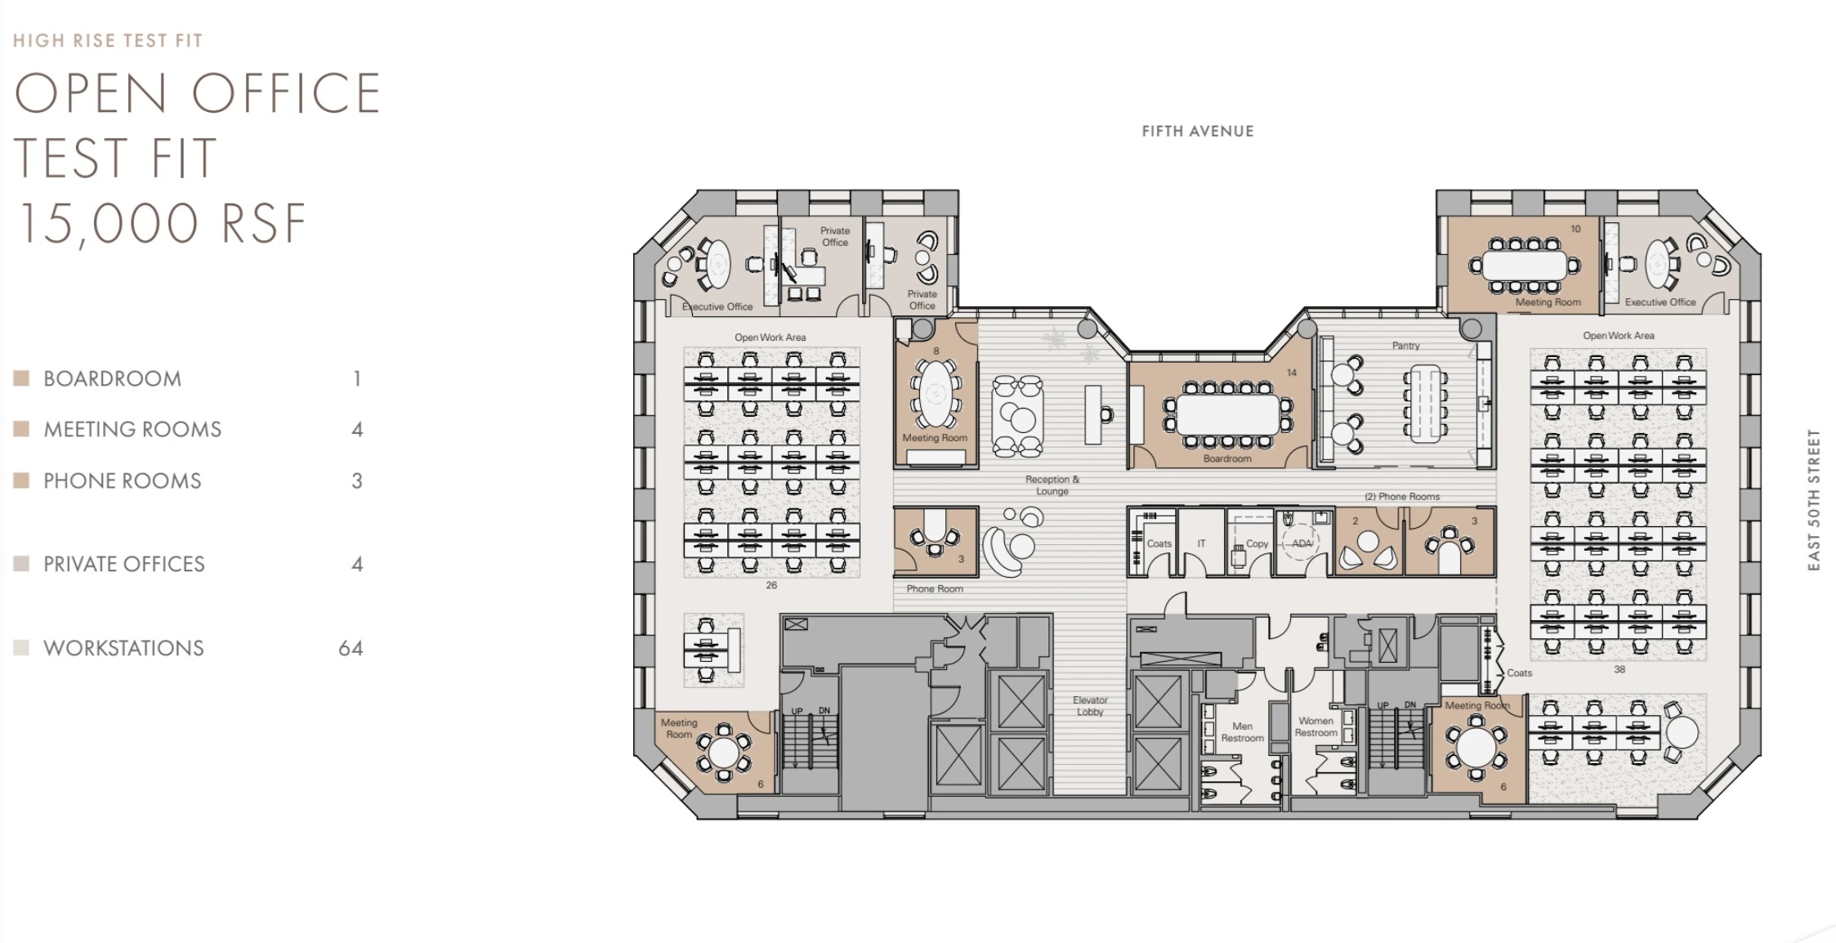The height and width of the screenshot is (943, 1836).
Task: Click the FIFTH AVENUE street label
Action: click(1197, 132)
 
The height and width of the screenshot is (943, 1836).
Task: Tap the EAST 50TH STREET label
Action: click(1814, 499)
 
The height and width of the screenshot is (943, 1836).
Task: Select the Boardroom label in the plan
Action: click(1226, 458)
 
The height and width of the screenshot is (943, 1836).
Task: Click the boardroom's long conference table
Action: click(1227, 414)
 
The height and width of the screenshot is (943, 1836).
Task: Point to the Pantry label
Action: click(1405, 346)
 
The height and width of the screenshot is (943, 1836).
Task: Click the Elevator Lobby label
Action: click(1090, 706)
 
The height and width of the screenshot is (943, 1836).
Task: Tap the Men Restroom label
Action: click(1242, 732)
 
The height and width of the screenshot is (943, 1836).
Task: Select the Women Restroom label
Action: click(1316, 726)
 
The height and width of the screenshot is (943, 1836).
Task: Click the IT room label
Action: click(1201, 543)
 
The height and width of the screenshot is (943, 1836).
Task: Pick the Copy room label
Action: click(1257, 543)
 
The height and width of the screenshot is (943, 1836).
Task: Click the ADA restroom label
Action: click(1302, 543)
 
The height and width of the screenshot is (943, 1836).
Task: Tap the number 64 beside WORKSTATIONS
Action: click(351, 649)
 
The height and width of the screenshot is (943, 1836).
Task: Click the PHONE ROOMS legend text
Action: click(123, 481)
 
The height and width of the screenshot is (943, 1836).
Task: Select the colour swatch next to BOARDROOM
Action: click(22, 378)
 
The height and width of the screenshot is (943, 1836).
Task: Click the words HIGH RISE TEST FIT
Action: click(108, 41)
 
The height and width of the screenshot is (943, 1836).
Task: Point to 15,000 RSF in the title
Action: click(161, 224)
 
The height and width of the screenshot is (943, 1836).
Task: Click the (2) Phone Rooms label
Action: click(1401, 497)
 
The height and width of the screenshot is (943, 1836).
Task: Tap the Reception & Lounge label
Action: click(1052, 485)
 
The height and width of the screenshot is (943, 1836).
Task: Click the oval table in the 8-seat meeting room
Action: click(935, 393)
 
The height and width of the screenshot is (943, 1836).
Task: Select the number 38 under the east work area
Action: click(1619, 669)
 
